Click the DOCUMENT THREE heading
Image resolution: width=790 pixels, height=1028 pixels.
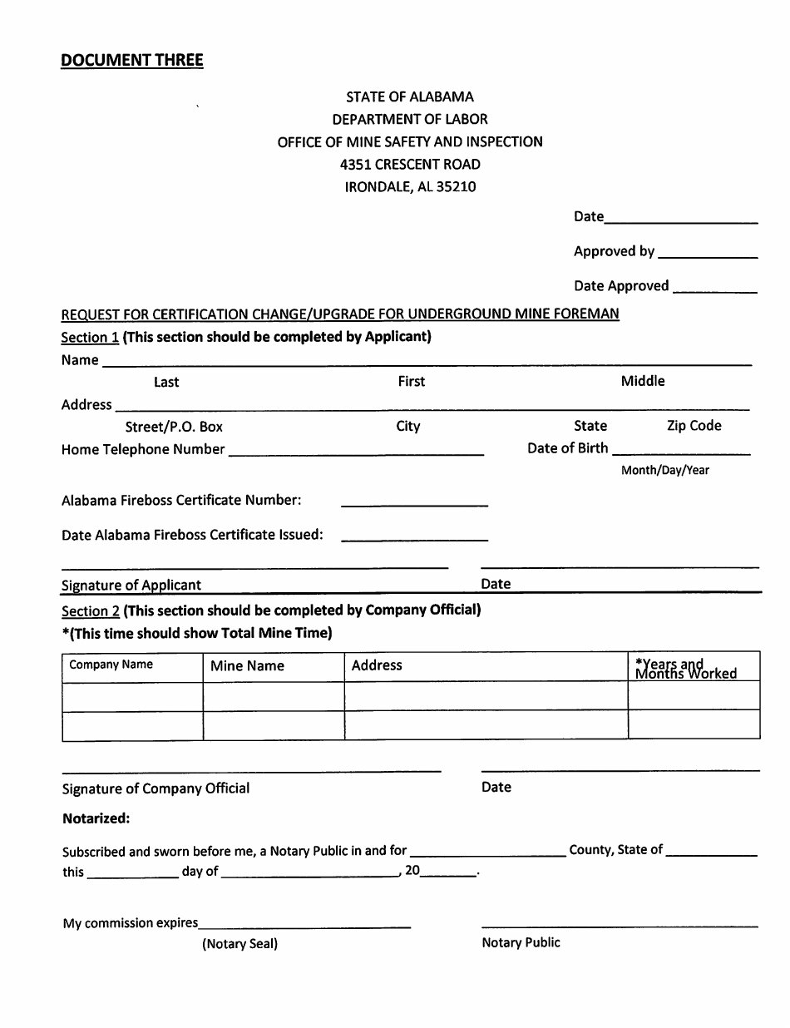click(x=131, y=60)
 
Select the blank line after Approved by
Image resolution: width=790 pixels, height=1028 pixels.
click(x=707, y=253)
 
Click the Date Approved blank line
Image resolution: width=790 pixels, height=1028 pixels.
click(x=714, y=288)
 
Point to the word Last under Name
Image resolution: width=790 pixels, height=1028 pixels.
click(x=166, y=382)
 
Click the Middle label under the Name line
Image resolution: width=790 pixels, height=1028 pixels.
click(x=643, y=381)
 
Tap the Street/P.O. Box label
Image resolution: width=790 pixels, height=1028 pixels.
click(x=174, y=427)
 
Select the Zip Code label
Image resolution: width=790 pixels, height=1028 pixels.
click(x=694, y=426)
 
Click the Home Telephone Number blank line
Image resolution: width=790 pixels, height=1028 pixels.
click(x=356, y=451)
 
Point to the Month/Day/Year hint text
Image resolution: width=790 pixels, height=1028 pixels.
click(x=665, y=470)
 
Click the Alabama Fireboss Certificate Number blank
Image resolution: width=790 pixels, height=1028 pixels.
click(x=414, y=502)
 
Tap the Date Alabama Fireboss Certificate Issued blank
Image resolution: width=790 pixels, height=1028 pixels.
click(x=414, y=536)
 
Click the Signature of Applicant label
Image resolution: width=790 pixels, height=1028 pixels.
click(x=131, y=585)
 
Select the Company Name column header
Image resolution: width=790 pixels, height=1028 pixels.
click(x=111, y=665)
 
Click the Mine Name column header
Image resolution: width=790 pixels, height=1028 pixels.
click(x=247, y=666)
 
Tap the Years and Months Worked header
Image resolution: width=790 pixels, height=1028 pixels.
click(x=686, y=669)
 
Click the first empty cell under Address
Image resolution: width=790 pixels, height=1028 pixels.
click(x=486, y=696)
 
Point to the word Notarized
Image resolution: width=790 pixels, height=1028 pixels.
click(x=96, y=818)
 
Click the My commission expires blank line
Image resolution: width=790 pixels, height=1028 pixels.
click(x=304, y=923)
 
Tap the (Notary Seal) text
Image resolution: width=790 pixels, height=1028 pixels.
click(x=239, y=944)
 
